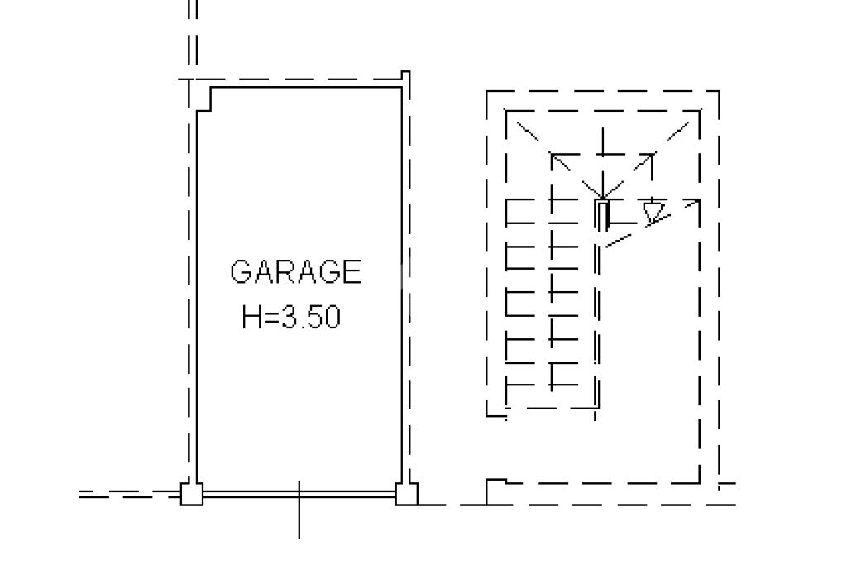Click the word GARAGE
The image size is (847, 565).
click(x=295, y=271)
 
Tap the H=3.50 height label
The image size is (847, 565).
click(x=291, y=317)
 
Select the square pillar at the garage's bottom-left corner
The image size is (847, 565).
click(x=191, y=494)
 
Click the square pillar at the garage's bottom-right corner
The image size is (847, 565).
click(x=406, y=494)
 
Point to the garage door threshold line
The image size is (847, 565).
click(x=299, y=494)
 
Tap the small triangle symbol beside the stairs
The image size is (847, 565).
click(x=653, y=212)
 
